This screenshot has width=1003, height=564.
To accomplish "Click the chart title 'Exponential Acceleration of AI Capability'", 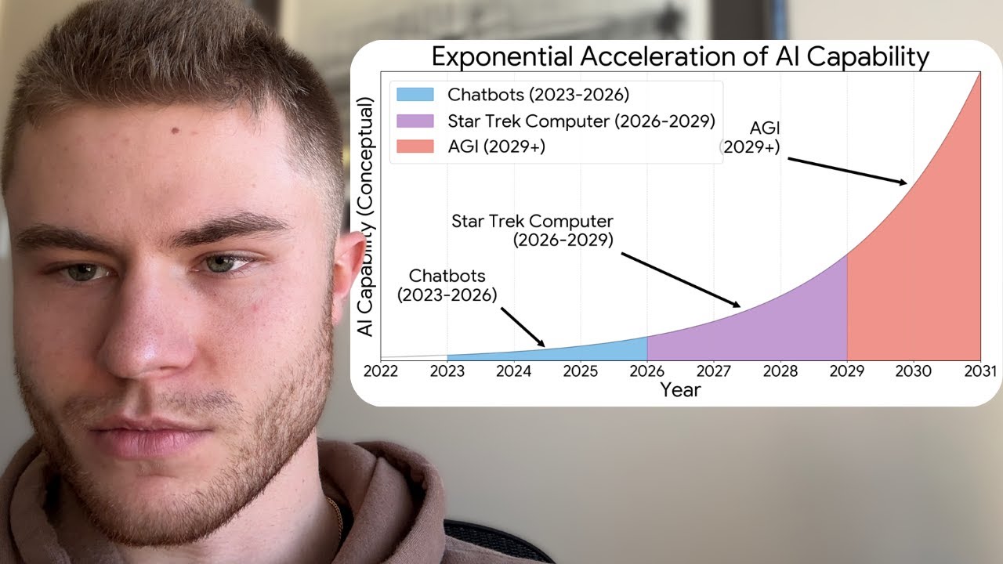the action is (680, 57).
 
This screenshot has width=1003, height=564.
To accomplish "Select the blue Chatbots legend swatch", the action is (415, 95).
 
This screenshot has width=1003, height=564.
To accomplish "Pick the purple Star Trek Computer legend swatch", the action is (415, 121).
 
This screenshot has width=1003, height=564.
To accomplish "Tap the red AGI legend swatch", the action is (415, 146).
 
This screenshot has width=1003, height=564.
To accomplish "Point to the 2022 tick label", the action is (381, 371).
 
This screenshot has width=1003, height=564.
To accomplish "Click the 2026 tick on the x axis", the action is (647, 371).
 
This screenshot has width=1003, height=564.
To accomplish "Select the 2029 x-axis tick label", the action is (847, 371).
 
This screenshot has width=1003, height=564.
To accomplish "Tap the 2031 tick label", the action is (979, 371).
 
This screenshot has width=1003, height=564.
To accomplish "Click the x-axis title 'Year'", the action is (680, 390).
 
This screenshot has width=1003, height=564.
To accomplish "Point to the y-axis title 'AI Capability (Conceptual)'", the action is (365, 216).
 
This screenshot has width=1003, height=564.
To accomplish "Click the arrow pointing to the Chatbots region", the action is (523, 327).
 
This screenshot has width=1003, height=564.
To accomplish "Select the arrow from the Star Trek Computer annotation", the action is (681, 280).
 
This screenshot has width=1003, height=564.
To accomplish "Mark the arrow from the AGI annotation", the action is (847, 171).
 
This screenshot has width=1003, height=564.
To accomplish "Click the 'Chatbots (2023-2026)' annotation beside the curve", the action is (447, 285).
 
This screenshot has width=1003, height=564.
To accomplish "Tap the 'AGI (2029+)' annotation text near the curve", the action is (751, 137).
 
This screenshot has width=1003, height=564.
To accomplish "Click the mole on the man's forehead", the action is (175, 131).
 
